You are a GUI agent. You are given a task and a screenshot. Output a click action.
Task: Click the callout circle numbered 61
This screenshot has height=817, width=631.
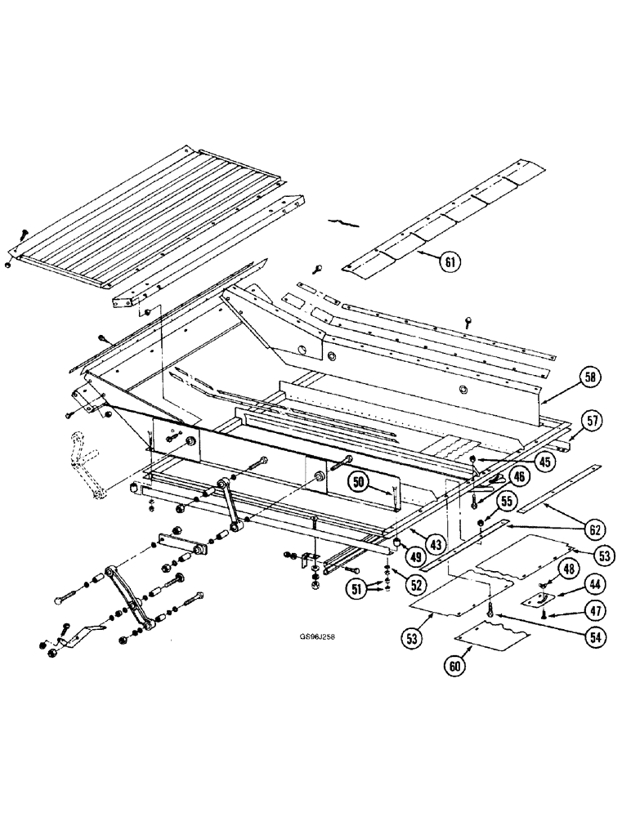point(449,262)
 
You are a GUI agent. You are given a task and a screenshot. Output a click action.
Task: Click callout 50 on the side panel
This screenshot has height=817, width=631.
point(357,483)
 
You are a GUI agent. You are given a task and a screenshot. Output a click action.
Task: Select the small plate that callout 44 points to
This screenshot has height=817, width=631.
point(536,599)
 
